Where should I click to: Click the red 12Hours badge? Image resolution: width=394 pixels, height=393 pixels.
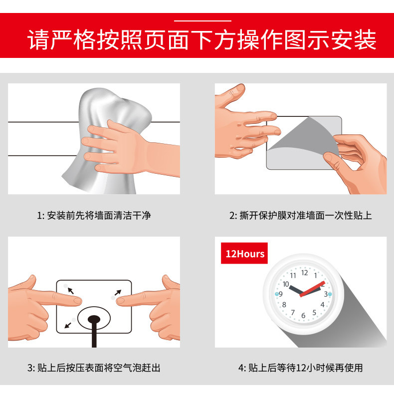coord(244,253)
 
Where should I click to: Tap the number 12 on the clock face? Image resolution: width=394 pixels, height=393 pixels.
coord(305,273)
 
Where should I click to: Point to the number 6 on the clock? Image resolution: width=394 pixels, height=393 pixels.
coord(303,316)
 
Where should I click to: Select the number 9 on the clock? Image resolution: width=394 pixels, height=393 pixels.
coord(281,294)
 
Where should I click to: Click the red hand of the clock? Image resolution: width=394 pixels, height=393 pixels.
coord(312,289)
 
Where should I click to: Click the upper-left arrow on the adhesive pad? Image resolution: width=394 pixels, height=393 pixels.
coord(71,291)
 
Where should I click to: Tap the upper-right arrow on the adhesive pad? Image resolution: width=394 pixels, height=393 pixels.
coord(118,293)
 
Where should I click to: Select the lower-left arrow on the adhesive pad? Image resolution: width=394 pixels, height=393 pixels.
coord(68,325)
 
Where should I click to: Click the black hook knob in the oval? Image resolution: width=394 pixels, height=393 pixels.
coord(94,320)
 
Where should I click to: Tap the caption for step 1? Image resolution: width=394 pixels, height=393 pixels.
coord(94,216)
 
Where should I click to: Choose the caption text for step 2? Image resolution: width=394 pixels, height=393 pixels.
coord(301,216)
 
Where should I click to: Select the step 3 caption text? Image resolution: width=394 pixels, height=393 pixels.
coord(94,368)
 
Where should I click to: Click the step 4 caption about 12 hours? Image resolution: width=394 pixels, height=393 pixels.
coord(301,368)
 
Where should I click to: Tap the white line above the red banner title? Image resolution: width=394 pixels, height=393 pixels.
coord(202,21)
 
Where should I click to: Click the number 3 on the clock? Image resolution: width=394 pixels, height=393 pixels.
coord(326,294)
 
